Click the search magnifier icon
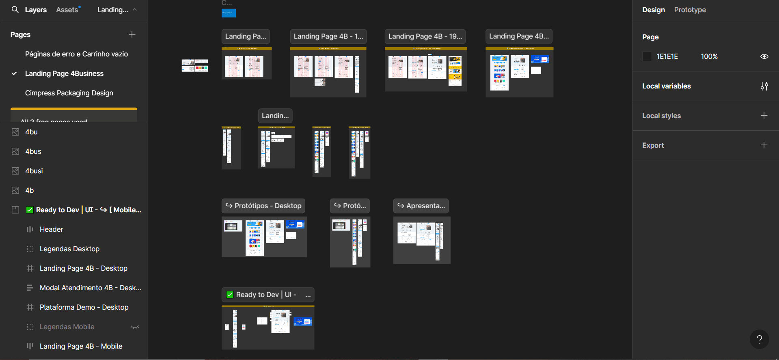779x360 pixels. point(15,9)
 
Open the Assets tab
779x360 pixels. point(67,10)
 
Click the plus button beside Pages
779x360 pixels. point(132,34)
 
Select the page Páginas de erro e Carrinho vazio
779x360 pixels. point(76,54)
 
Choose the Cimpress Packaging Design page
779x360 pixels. point(69,93)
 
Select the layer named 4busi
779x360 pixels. point(34,171)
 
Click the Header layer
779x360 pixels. point(51,229)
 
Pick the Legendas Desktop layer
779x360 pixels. point(69,249)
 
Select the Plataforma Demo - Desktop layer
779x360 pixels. point(84,307)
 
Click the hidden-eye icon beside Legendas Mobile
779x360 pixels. point(135,327)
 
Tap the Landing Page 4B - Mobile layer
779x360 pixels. point(81,346)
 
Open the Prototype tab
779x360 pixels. point(690,10)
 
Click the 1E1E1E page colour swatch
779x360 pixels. point(647,56)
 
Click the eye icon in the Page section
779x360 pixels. point(764,56)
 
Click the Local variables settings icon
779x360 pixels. point(764,86)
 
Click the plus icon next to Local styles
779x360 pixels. point(764,116)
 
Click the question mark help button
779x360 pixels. point(759,339)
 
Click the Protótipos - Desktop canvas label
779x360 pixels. point(263,206)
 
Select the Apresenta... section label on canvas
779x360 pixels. point(421,206)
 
